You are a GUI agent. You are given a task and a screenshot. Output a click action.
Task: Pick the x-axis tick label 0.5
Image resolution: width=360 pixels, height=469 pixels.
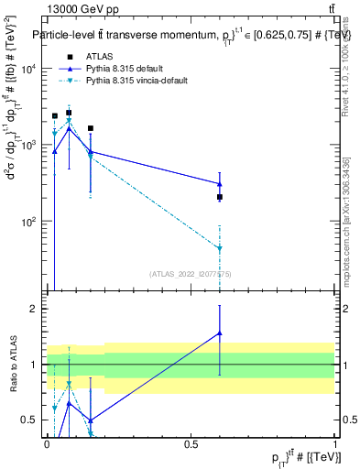click(191, 442)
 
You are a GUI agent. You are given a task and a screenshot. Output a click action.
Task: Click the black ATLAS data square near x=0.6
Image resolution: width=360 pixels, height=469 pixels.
click(220, 197)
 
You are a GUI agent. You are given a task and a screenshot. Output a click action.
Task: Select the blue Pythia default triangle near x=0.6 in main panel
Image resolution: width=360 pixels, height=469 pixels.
click(220, 184)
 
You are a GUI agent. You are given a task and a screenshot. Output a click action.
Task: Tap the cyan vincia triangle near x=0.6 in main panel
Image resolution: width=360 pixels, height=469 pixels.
click(220, 248)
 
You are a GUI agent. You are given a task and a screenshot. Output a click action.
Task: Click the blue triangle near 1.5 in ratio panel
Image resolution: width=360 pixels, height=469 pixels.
click(220, 333)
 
